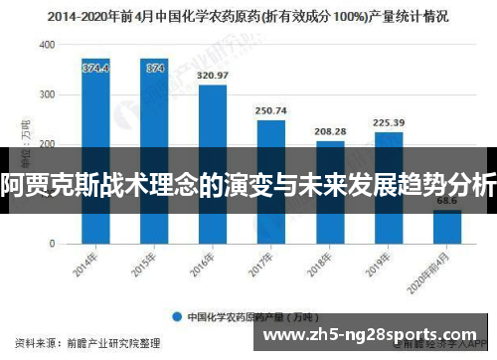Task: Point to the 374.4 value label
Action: point(95,68)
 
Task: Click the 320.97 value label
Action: point(213,76)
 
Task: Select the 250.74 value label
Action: point(271,110)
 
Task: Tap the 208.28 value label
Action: point(330,131)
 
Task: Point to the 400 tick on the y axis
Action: point(47,46)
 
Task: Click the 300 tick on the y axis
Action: point(47,95)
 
